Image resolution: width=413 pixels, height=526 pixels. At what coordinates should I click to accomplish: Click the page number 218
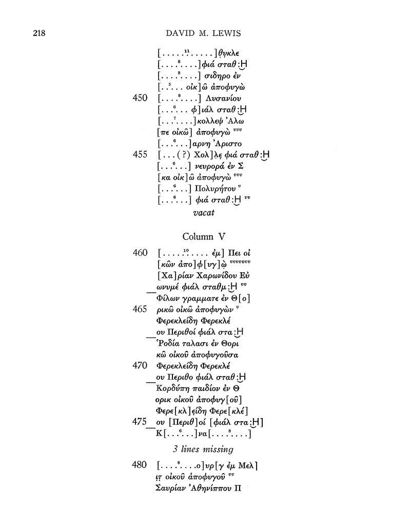39,33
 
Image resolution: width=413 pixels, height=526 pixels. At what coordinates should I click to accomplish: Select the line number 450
140,98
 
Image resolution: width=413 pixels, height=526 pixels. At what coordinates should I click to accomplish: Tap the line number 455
140,154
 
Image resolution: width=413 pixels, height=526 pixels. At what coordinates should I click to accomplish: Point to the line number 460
140,253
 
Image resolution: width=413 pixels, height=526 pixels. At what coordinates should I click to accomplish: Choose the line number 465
140,309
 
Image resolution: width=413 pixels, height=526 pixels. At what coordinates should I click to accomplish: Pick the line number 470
140,365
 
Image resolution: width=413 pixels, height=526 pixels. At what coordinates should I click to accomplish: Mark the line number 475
140,422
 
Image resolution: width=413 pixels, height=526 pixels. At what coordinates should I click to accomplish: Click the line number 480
140,465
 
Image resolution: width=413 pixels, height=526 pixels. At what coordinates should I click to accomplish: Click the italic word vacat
204,213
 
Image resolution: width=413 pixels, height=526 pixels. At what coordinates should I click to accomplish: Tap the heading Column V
204,236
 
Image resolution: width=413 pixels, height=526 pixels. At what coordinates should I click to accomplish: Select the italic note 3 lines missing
203,449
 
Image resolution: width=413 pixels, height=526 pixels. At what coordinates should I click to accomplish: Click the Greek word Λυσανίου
223,99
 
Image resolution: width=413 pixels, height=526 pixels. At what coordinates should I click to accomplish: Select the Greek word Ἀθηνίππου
210,488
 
